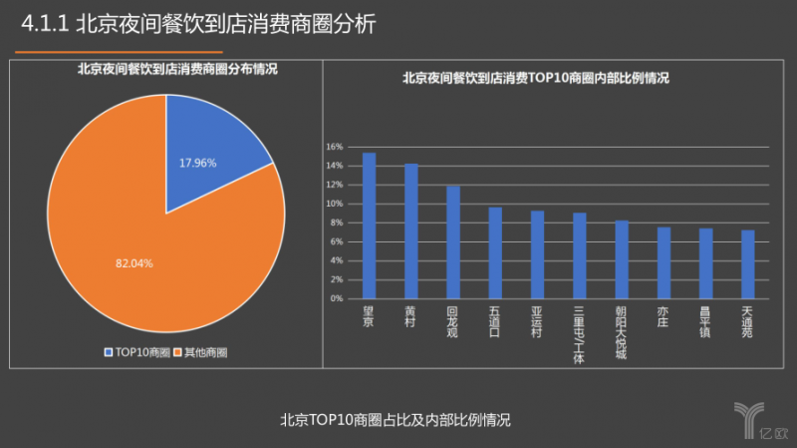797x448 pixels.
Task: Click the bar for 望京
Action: pos(369,225)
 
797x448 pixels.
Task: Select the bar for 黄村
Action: pos(410,230)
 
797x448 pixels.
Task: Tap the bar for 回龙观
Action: pos(453,241)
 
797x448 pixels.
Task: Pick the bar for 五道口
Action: pos(495,252)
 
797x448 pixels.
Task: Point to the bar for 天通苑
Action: pos(747,264)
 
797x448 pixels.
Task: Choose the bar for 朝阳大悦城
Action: pos(622,259)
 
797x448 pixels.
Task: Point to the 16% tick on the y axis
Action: pos(334,146)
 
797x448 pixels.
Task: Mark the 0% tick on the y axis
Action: pos(336,298)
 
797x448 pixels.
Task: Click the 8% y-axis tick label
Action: pos(336,223)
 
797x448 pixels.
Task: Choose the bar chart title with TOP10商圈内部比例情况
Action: pos(535,78)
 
